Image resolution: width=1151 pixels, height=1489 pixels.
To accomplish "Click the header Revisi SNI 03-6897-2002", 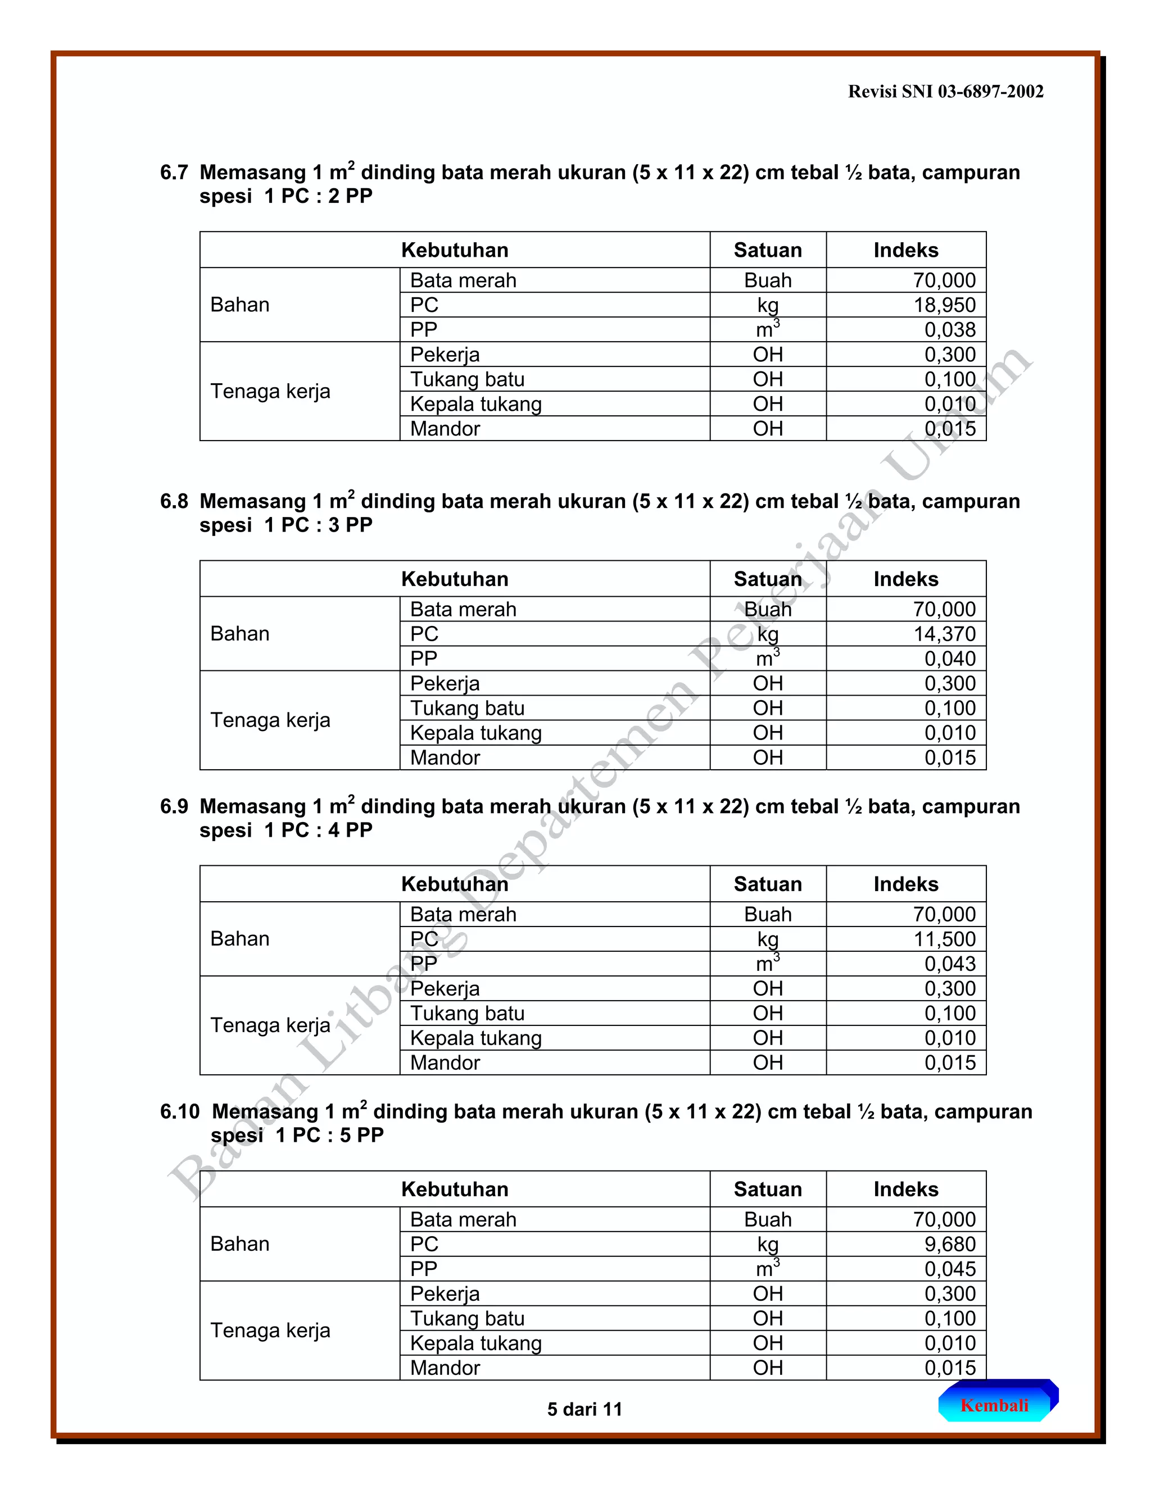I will click(x=945, y=92).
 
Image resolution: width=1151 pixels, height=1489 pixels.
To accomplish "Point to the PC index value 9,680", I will click(x=950, y=1244).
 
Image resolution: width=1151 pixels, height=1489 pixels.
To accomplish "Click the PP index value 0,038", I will click(x=950, y=330).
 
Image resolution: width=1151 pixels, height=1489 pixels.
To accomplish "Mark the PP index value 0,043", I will click(x=950, y=964).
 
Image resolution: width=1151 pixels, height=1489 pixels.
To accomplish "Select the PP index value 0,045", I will click(x=950, y=1269).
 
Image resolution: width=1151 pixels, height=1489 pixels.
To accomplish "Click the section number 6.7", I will click(x=174, y=172).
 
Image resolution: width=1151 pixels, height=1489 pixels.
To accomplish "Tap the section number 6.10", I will click(x=179, y=1112).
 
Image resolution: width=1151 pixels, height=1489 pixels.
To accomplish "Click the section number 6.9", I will click(x=174, y=806).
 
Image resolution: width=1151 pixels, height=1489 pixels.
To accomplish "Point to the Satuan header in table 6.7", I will click(x=767, y=250).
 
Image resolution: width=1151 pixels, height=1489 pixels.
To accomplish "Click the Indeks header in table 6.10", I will click(x=905, y=1189).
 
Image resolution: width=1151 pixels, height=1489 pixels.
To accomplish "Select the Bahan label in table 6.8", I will click(x=239, y=634).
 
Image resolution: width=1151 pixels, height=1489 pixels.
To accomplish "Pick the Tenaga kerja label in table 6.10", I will click(x=270, y=1330).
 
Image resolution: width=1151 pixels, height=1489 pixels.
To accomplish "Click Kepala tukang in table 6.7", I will click(x=475, y=405).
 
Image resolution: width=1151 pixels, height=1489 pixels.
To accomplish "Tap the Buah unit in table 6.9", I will click(x=767, y=914).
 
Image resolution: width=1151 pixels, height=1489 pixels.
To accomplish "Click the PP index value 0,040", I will click(x=950, y=659).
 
